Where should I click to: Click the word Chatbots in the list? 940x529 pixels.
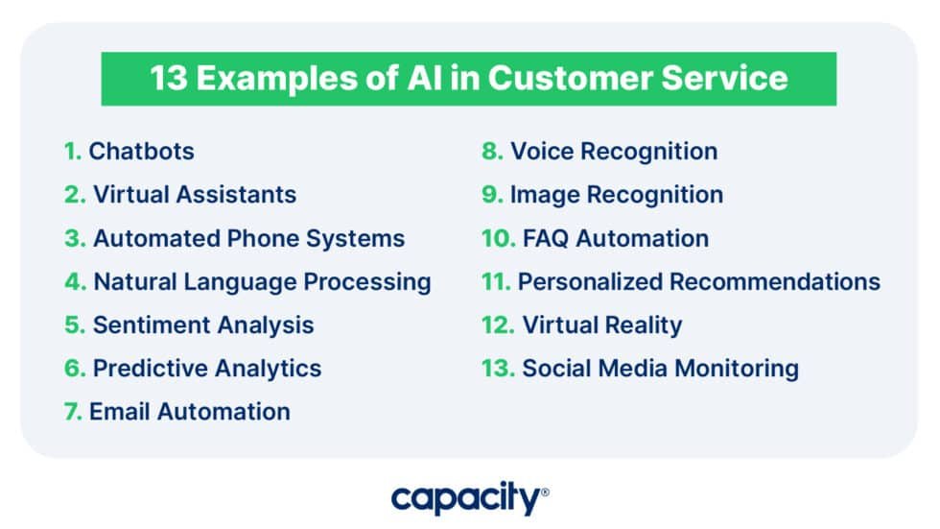pyautogui.click(x=141, y=151)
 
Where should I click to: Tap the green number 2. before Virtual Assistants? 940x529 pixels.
pyautogui.click(x=75, y=194)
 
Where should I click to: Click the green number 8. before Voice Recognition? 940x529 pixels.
pyautogui.click(x=492, y=151)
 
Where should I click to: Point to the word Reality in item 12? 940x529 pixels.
pyautogui.click(x=643, y=325)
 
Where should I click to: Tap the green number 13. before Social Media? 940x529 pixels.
pyautogui.click(x=498, y=369)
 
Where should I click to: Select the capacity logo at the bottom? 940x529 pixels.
pyautogui.click(x=469, y=498)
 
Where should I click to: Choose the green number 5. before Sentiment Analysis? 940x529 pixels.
pyautogui.click(x=75, y=325)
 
